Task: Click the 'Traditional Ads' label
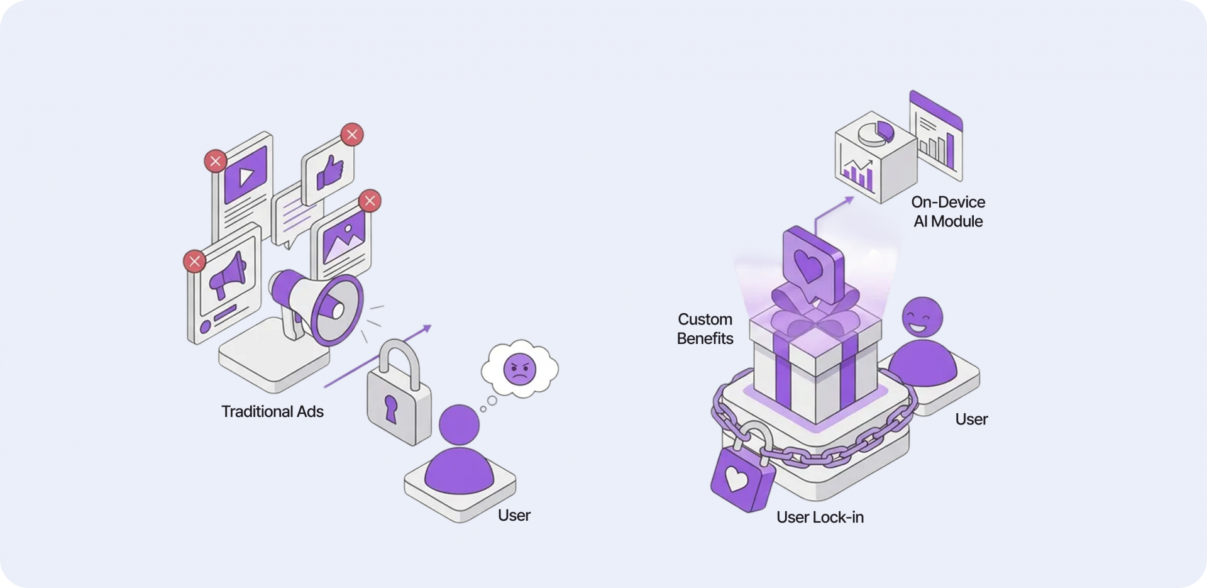272,412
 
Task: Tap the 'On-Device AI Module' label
948,212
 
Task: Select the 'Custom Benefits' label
705,329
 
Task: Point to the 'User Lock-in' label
820,518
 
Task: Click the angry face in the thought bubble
520,369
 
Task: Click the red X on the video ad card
215,161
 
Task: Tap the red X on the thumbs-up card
352,135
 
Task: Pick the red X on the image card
370,201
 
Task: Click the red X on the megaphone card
194,261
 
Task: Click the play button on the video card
246,176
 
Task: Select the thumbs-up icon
329,172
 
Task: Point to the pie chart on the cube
876,132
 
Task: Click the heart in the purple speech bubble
808,264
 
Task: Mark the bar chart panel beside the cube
936,138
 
